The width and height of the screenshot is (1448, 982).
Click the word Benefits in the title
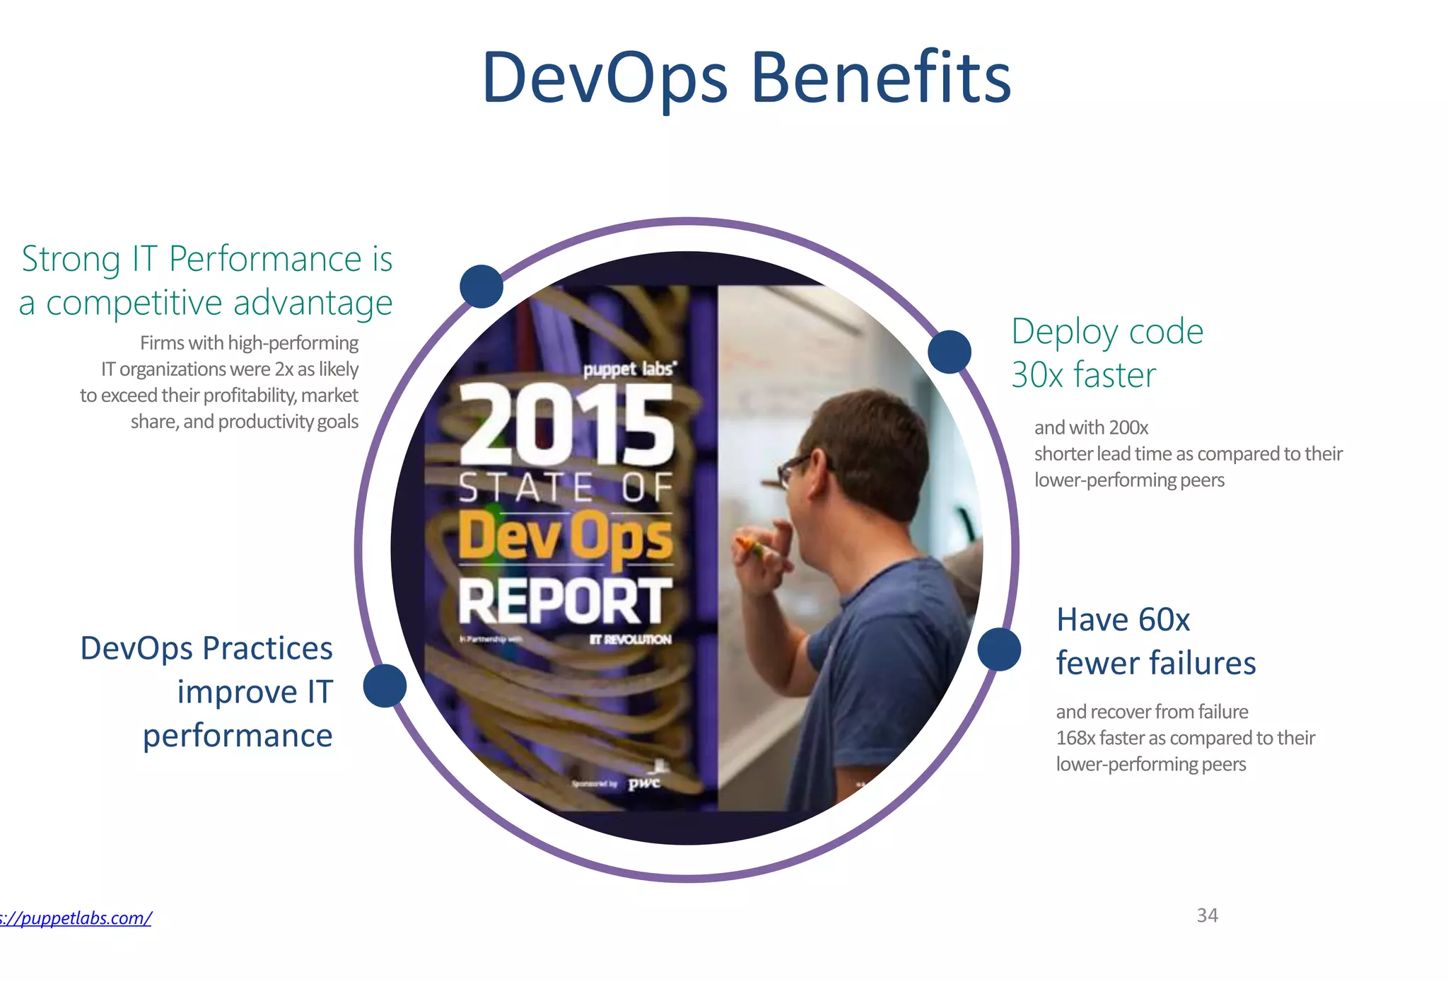coord(880,78)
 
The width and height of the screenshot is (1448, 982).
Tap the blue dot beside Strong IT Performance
coord(481,287)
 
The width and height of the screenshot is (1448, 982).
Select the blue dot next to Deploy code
coord(949,352)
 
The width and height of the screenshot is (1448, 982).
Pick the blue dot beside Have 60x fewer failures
coord(999,649)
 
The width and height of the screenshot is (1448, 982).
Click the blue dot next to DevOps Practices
coord(385,686)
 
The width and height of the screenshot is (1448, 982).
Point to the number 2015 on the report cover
coord(566,426)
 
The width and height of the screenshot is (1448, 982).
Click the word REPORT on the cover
coord(564,601)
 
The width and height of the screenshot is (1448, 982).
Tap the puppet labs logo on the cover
coord(629,369)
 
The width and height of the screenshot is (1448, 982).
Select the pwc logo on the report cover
coord(644,782)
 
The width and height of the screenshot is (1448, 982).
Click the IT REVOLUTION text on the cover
coord(631,640)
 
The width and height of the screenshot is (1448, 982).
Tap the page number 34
coord(1207,915)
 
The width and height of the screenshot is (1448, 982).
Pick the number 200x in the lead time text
coord(1128,427)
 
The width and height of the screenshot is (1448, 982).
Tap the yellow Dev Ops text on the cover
coord(564,536)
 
